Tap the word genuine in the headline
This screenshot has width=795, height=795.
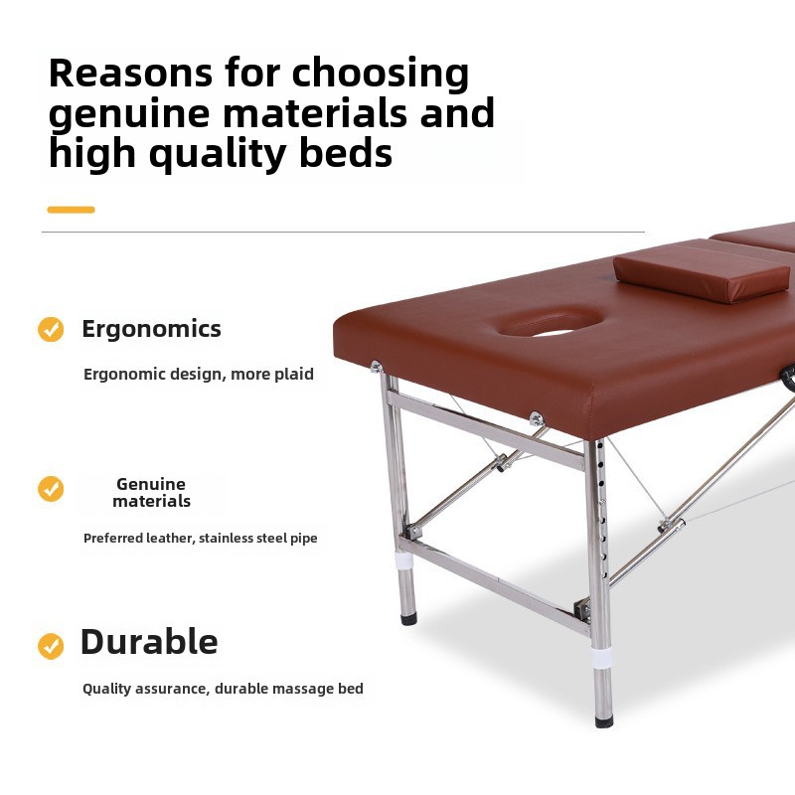click(128, 115)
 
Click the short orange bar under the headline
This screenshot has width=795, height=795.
click(71, 210)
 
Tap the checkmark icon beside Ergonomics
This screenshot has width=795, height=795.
click(51, 329)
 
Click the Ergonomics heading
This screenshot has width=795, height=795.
click(151, 329)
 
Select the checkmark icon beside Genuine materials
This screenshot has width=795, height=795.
click(51, 489)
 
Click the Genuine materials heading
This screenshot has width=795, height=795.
click(151, 492)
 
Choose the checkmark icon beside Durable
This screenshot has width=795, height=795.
click(51, 646)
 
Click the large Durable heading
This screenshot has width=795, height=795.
click(149, 642)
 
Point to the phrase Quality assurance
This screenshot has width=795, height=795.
click(143, 689)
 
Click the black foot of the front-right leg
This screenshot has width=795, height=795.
click(603, 718)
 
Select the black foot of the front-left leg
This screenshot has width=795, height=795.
click(408, 618)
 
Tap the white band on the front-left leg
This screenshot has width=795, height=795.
click(404, 560)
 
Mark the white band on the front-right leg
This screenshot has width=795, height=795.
click(602, 658)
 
